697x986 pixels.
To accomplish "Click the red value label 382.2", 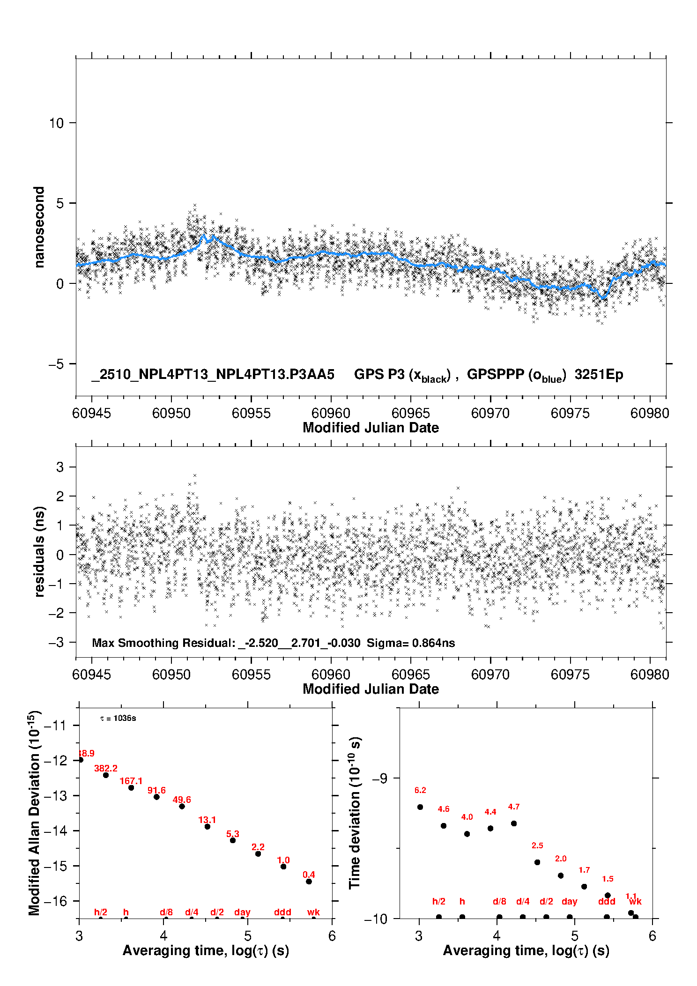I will point(105,768).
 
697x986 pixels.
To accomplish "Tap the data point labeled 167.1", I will point(131,788).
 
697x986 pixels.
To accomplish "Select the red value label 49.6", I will point(182,800).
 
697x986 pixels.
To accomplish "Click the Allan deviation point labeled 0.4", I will point(309,882).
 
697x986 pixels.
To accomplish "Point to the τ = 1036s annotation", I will point(118,719).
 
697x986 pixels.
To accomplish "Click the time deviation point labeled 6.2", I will point(420,807).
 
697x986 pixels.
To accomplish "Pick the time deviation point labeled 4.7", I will point(514,823).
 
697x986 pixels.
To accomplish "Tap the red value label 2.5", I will point(537,845).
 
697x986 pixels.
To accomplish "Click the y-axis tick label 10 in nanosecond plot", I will point(56,123).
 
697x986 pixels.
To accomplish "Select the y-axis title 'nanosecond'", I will point(39,227).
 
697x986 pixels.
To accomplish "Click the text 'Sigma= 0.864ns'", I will point(411,643).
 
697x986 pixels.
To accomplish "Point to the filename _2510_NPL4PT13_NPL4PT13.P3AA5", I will point(213,375).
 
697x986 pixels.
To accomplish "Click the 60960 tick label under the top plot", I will point(331,413).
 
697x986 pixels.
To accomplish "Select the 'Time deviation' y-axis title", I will point(355,813).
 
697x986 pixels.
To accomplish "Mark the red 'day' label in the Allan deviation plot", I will point(242,912).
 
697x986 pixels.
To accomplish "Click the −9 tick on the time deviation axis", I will point(379,778).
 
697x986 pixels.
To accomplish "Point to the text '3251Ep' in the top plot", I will point(599,375).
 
